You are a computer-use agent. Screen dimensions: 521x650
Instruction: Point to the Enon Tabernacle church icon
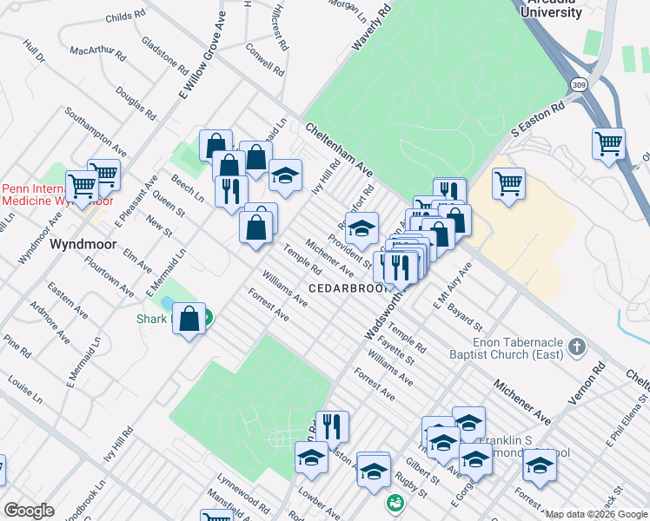576,347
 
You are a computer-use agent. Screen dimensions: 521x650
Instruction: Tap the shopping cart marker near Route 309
608,144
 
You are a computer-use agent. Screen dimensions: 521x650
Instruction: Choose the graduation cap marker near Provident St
361,228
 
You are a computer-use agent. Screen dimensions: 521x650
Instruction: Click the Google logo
29,511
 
